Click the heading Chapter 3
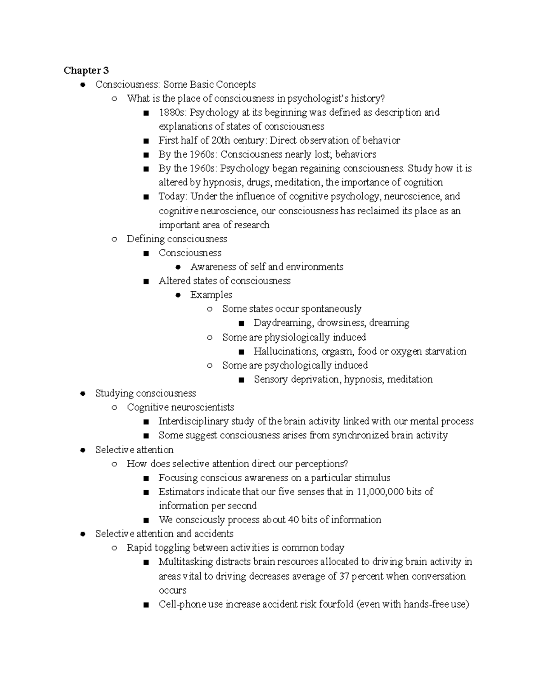(86, 70)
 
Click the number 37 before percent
(344, 576)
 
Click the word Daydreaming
(283, 323)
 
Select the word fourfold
(336, 604)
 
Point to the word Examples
(211, 295)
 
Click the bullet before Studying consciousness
(82, 394)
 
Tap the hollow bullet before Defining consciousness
(114, 239)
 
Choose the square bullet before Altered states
(145, 281)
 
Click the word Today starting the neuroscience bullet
(172, 196)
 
